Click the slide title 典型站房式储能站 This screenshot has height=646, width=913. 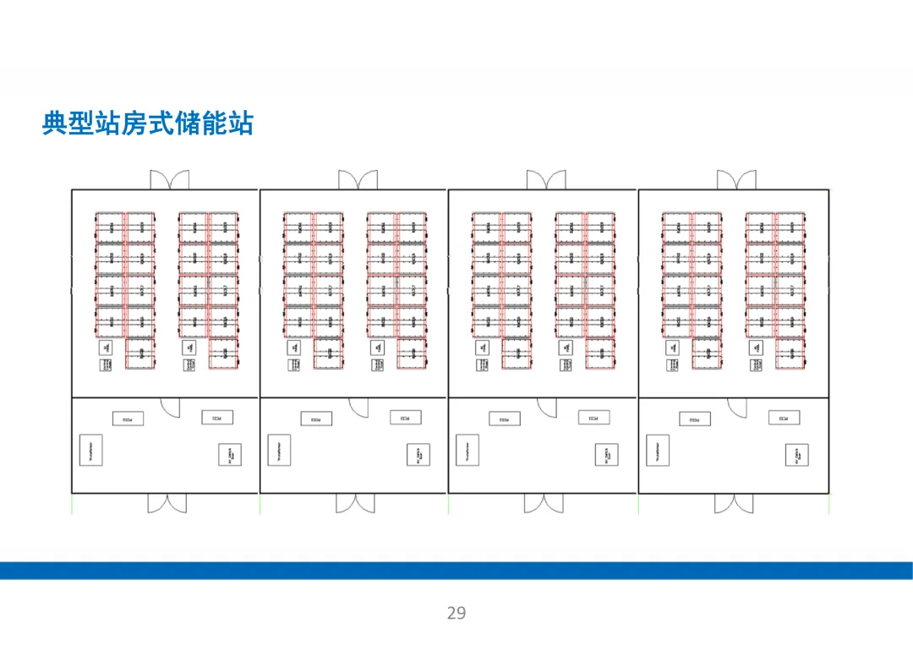tap(148, 123)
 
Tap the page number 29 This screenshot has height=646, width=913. tap(456, 613)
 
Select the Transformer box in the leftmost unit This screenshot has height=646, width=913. tap(88, 450)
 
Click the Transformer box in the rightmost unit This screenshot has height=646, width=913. tap(657, 450)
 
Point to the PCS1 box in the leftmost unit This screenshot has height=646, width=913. tap(216, 418)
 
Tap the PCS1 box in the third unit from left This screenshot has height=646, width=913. tap(594, 418)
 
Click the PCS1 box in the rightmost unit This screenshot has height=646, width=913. tap(784, 418)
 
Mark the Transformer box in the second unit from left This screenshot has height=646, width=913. tap(277, 450)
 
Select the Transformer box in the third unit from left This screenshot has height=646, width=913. tap(466, 450)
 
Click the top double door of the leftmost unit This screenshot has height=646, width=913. tap(170, 180)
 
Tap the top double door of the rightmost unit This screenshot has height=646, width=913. tap(736, 180)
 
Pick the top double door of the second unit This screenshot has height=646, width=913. tap(358, 180)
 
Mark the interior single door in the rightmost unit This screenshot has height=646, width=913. tap(737, 408)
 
